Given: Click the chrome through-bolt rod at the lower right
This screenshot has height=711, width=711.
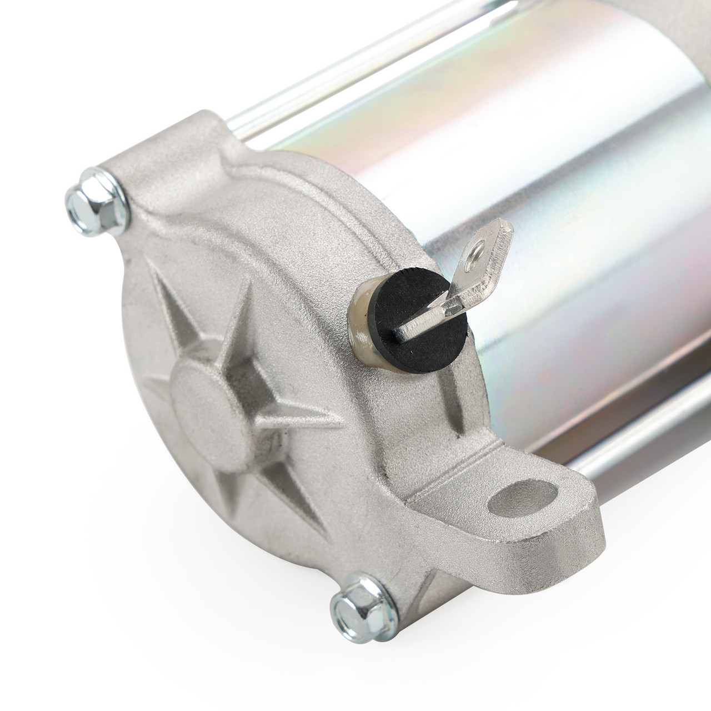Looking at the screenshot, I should [x=639, y=439].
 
